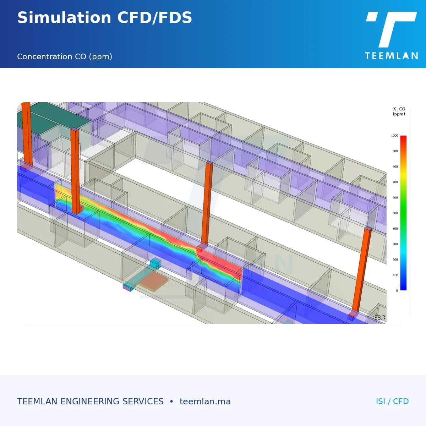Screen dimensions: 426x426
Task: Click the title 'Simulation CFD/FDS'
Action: click(105, 18)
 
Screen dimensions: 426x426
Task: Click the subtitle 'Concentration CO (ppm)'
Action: click(65, 57)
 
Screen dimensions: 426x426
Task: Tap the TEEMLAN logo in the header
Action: click(392, 35)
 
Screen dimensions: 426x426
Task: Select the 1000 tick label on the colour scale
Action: click(394, 136)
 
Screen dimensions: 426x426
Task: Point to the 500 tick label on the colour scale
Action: click(395, 213)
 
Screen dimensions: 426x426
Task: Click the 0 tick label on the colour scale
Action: click(397, 290)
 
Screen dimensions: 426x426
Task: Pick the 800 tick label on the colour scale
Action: click(395, 166)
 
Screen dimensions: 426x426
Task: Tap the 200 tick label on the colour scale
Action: click(395, 260)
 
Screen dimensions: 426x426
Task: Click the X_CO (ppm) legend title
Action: click(399, 111)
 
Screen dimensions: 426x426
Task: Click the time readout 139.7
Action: click(379, 317)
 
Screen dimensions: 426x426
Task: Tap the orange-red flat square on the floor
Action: click(154, 282)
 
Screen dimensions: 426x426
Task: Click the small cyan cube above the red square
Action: click(155, 263)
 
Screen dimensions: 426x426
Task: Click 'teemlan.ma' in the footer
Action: click(205, 402)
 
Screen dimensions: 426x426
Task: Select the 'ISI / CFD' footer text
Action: click(392, 402)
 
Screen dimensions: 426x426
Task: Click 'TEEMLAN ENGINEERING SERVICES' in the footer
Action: click(90, 402)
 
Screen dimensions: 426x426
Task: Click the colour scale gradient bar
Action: click(403, 213)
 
